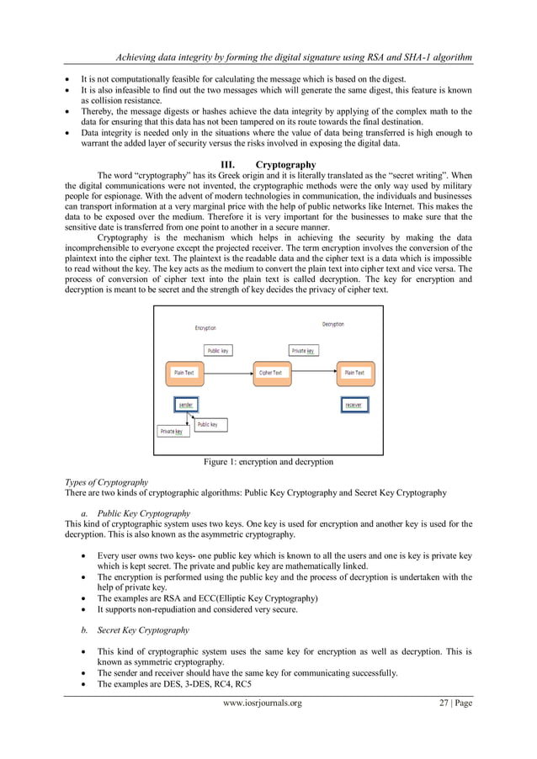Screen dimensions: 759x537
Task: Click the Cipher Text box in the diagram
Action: [270, 372]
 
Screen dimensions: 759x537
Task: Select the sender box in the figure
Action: [184, 405]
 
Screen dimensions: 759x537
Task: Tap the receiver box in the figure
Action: [354, 405]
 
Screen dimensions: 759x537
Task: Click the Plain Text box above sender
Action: [184, 372]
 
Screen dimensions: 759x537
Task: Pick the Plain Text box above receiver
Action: [354, 372]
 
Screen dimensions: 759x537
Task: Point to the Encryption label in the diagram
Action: [205, 327]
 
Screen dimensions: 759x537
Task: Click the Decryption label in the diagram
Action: [332, 324]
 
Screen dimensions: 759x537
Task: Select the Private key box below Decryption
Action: [303, 350]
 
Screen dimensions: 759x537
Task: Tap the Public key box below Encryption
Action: [218, 350]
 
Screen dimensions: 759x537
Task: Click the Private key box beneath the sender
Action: [172, 432]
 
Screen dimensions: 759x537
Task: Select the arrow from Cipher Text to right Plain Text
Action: [311, 372]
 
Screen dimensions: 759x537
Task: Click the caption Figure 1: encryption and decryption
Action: [268, 462]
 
